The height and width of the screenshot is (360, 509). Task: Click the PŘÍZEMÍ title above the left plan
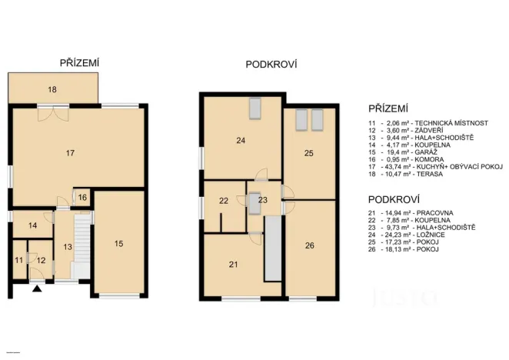(x=80, y=63)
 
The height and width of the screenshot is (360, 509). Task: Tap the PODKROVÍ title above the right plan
(x=271, y=65)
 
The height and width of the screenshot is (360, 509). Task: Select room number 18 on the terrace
(x=52, y=90)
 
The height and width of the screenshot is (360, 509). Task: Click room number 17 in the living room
(x=70, y=154)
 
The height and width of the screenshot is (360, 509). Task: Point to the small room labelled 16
(x=83, y=198)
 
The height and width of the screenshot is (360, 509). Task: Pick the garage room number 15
(x=118, y=244)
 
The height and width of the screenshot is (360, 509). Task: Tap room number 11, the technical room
(x=19, y=261)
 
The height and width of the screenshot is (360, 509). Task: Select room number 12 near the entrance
(x=41, y=261)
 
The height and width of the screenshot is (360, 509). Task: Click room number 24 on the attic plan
(x=240, y=140)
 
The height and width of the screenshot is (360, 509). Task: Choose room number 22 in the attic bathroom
(x=224, y=201)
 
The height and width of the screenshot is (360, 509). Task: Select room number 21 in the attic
(x=233, y=265)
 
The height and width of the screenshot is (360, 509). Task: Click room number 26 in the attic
(x=309, y=246)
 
